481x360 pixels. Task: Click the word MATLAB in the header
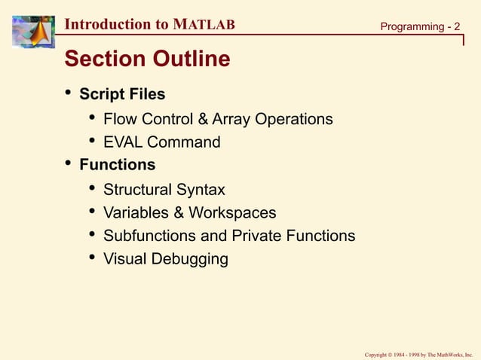click(204, 24)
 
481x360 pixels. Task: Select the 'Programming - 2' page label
click(419, 27)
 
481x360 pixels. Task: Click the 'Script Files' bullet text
click(122, 95)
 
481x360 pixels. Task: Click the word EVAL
click(123, 142)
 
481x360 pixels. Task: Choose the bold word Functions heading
click(118, 165)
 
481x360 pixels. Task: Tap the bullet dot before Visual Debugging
click(92, 258)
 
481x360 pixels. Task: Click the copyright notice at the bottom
click(418, 353)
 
